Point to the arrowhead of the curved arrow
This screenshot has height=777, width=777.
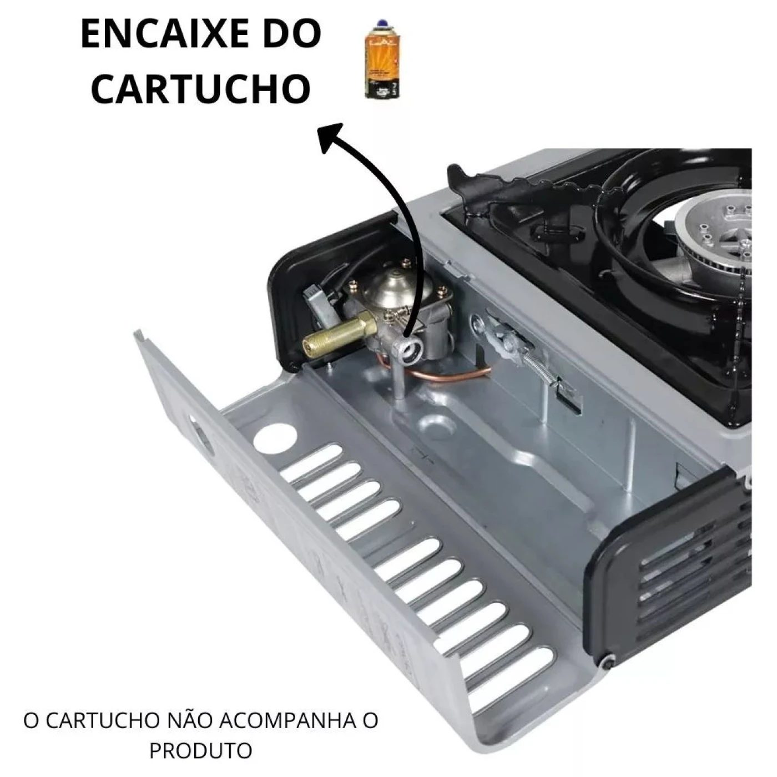(x=331, y=137)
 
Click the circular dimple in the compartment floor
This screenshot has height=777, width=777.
(x=437, y=425)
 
